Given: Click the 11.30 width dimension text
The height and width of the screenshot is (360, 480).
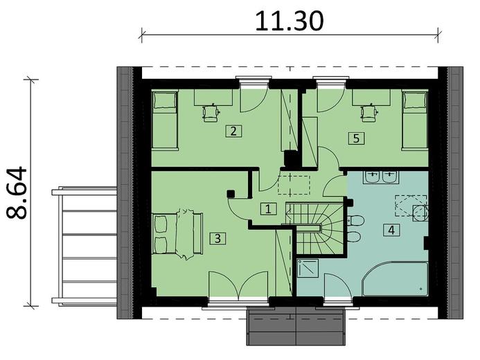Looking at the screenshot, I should tap(290, 20).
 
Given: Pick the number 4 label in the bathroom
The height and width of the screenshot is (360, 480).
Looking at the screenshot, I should tap(393, 230).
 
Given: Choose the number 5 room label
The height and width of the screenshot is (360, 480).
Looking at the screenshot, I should tap(356, 138).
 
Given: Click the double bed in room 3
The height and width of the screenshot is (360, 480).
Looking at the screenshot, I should tap(177, 234).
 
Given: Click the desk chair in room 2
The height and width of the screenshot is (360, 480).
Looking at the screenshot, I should tap(208, 112).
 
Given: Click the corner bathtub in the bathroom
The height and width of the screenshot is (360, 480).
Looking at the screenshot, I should tap(395, 280).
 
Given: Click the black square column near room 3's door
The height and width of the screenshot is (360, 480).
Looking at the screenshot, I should tap(231, 195).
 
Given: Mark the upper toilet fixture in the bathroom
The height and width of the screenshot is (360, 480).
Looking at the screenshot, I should tap(355, 221).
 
